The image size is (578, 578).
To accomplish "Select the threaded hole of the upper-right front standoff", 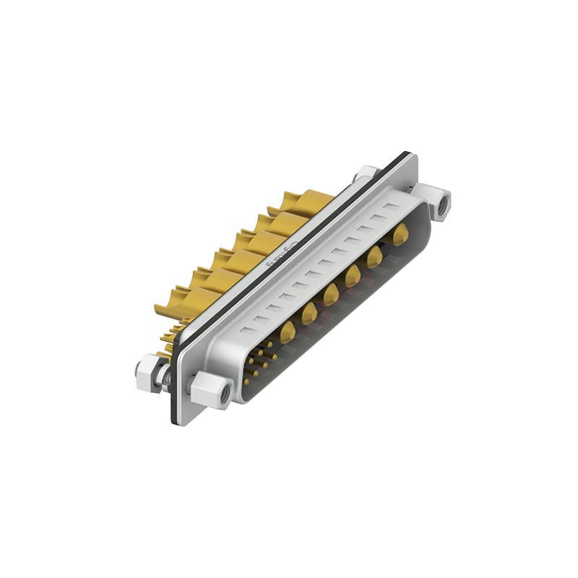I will [443, 204].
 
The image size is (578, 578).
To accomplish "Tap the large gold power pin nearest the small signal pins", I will [288, 331].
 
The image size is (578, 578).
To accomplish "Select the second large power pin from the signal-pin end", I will [309, 312].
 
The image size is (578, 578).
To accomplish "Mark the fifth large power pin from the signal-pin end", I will [374, 256].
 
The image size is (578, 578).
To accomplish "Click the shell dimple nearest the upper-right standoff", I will [392, 207].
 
